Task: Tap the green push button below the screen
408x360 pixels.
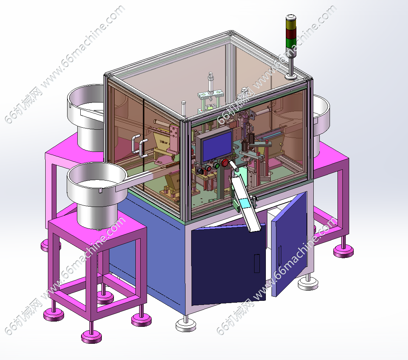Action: (x=216, y=165)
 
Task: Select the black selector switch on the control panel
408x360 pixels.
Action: (x=200, y=171)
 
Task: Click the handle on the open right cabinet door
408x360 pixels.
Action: (x=279, y=255)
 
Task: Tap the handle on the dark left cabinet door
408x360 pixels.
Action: (x=257, y=263)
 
